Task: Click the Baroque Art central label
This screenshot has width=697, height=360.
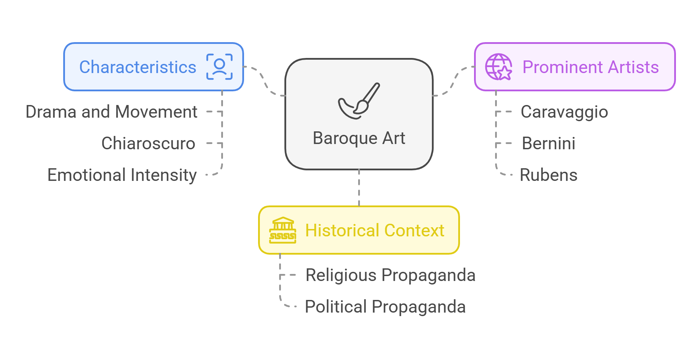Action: [x=359, y=138]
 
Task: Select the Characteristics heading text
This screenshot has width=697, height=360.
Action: [x=138, y=67]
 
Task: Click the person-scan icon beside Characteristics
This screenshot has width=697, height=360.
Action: [x=219, y=67]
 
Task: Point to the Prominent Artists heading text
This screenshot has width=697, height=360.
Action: [x=590, y=67]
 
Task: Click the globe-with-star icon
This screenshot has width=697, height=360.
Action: [x=498, y=67]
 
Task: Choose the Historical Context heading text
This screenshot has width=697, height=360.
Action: [x=375, y=230]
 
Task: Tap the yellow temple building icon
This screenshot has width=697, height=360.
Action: [x=283, y=230]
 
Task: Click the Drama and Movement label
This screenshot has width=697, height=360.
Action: [x=111, y=112]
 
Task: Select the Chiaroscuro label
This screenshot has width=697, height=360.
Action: [x=148, y=143]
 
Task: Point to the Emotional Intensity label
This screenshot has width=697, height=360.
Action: [x=122, y=175]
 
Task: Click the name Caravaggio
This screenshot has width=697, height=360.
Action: [x=564, y=112]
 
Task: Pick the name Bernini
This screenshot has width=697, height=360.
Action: [x=548, y=143]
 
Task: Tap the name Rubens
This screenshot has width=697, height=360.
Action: [x=548, y=175]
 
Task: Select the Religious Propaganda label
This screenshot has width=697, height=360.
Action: [x=390, y=275]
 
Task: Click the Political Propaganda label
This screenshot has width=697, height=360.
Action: [x=385, y=307]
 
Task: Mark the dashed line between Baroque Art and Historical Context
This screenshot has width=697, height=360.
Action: [x=359, y=188]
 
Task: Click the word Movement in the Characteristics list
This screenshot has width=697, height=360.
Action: [x=156, y=112]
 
